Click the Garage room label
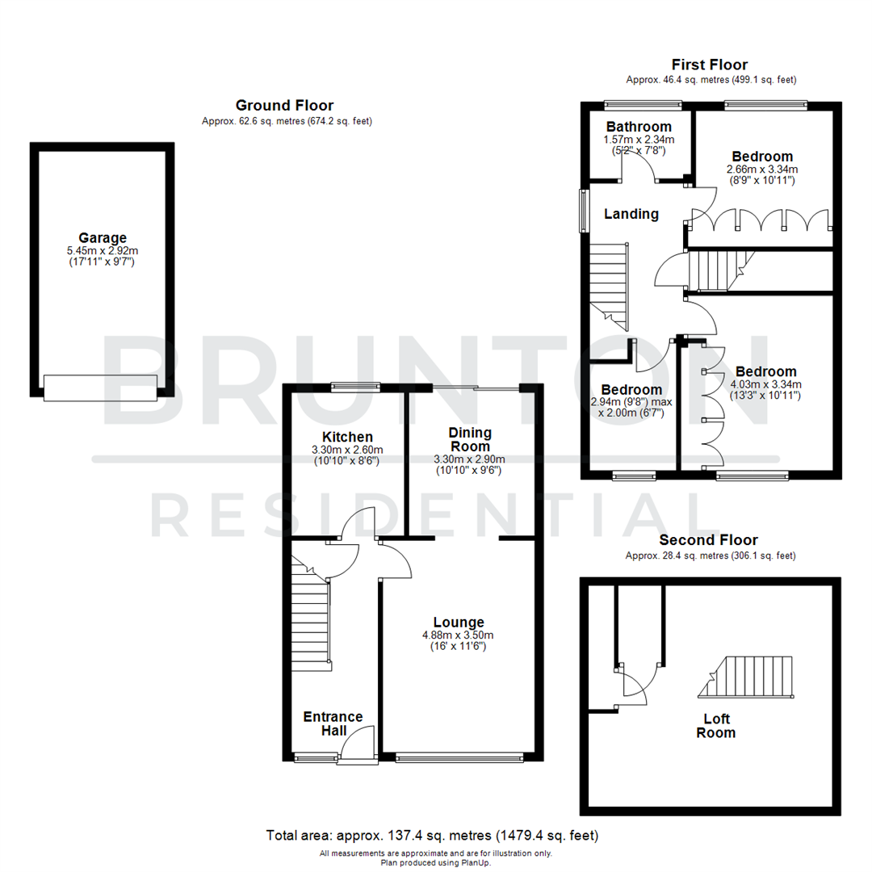tap(103, 237)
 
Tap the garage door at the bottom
tap(101, 388)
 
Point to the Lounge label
tap(459, 622)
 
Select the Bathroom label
tap(639, 127)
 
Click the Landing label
tap(632, 214)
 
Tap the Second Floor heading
tap(709, 540)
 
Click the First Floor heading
tap(711, 65)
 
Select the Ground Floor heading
tap(284, 105)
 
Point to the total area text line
tap(432, 835)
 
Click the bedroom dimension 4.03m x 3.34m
tap(763, 384)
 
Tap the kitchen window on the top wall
tap(356, 386)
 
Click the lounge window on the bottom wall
tap(459, 757)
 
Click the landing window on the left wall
tap(583, 212)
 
